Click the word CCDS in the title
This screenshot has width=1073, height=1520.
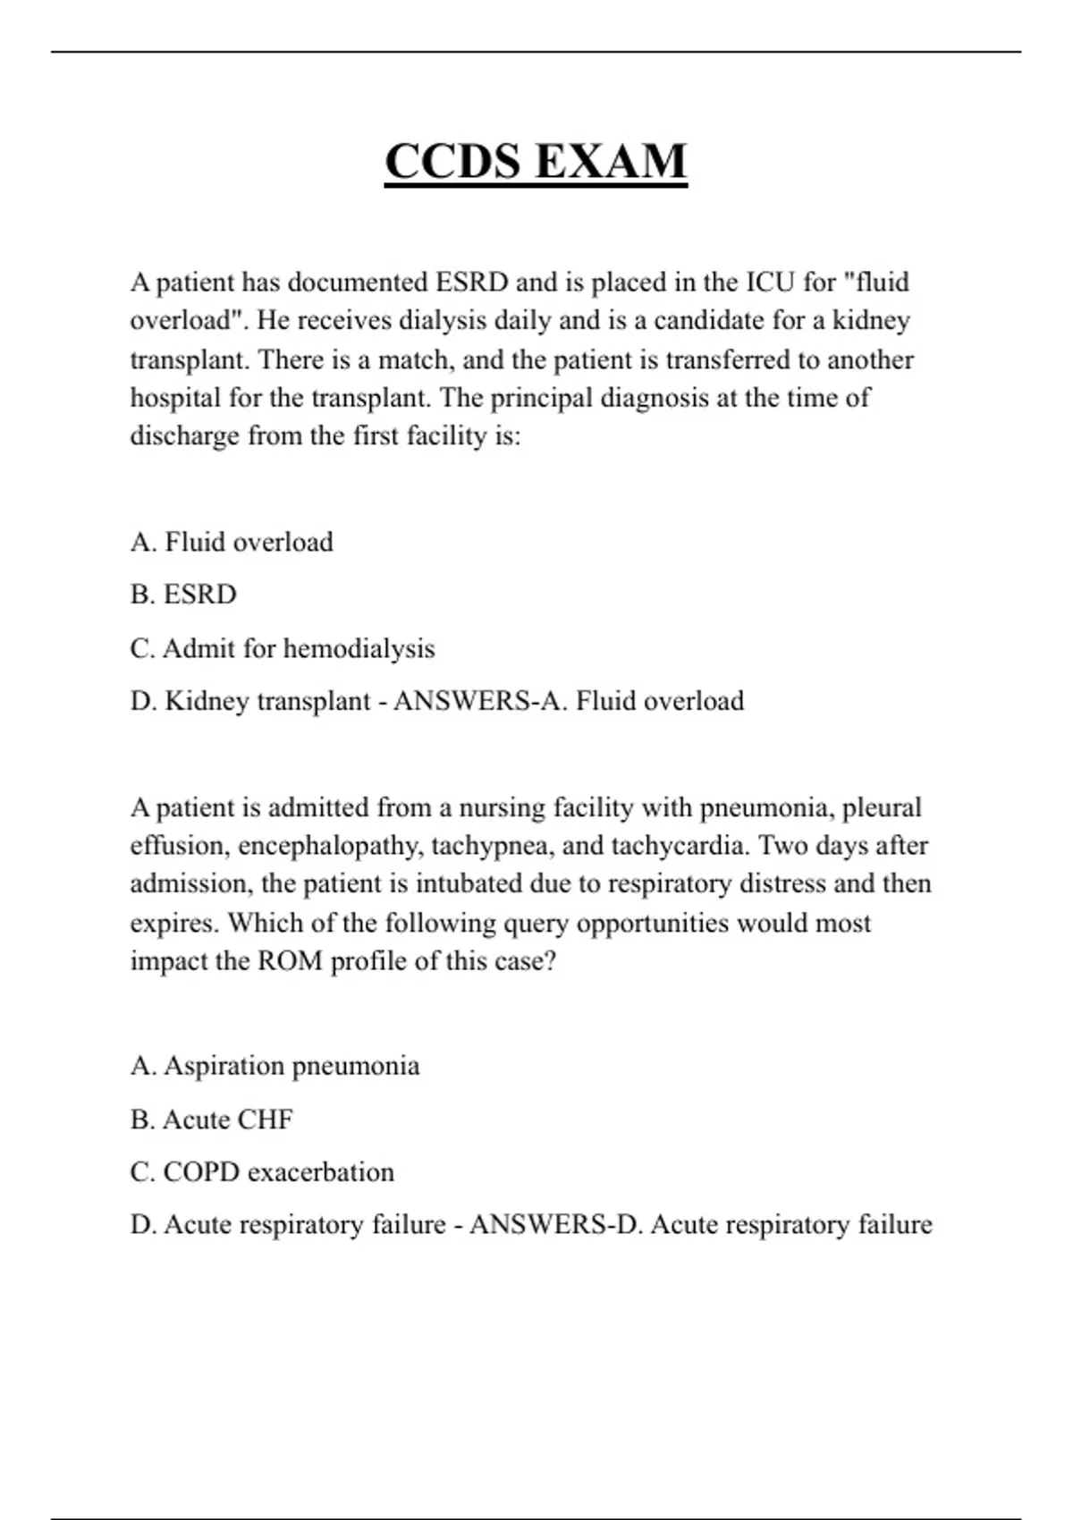tap(452, 162)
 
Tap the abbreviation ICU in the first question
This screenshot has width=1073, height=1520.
tap(771, 283)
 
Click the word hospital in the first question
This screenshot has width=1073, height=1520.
tap(175, 397)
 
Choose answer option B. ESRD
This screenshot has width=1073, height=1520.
tap(183, 595)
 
